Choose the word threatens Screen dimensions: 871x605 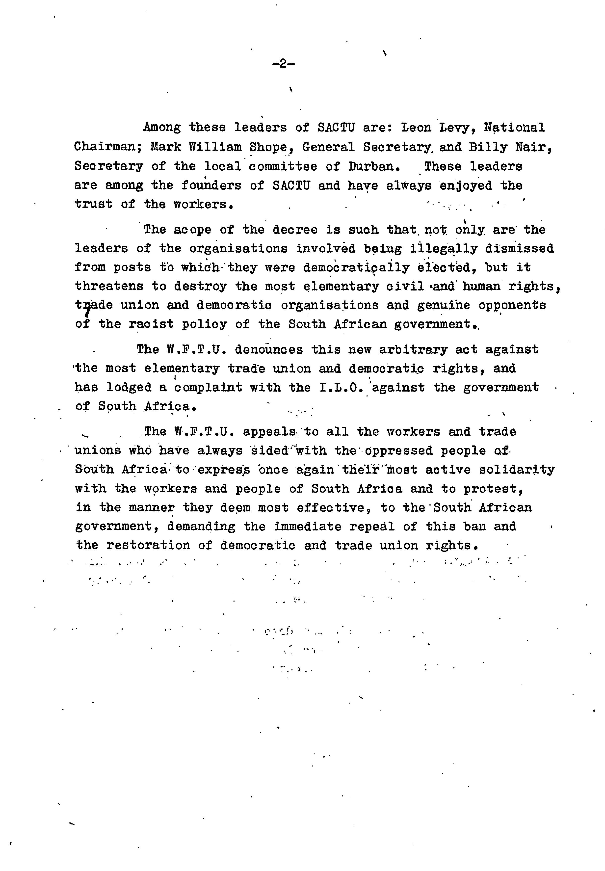pyautogui.click(x=109, y=287)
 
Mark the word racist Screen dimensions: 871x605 pyautogui.click(x=151, y=324)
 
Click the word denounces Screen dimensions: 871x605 pyautogui.click(x=268, y=349)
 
